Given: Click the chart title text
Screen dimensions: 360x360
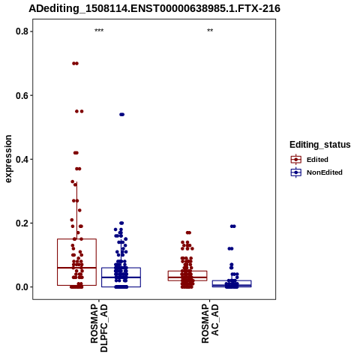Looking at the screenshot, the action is click(154, 8).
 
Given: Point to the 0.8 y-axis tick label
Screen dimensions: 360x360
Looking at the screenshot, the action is click(21, 31).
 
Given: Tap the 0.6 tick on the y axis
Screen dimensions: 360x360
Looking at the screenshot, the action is click(21, 95).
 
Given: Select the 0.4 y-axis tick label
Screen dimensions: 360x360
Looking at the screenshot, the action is click(21, 159).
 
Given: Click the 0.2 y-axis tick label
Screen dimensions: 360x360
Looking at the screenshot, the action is click(21, 223).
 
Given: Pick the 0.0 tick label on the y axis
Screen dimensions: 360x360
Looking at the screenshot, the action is click(21, 287).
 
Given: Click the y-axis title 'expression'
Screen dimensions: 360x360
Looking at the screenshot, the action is click(8, 159).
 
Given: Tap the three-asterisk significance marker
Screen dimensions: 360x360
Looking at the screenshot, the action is click(99, 31).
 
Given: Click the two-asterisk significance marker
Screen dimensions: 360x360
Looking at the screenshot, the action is click(210, 31).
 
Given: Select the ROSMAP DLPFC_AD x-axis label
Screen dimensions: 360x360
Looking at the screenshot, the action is click(99, 328).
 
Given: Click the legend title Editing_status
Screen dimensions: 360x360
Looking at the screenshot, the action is click(320, 145).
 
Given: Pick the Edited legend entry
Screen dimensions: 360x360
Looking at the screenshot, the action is click(317, 160).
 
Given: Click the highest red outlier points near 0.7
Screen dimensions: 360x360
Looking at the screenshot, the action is click(75, 64).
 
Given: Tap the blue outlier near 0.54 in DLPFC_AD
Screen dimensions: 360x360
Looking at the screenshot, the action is click(121, 115).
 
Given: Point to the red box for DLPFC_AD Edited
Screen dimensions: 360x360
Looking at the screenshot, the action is click(58, 262).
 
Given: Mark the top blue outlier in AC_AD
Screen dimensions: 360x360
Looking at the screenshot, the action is click(233, 226).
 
